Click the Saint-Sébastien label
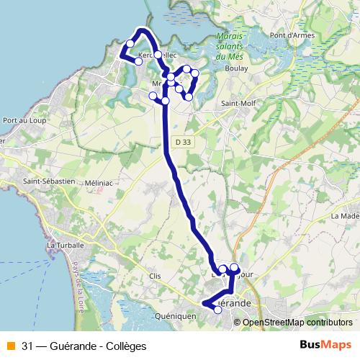point(50,182)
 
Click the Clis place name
point(153,276)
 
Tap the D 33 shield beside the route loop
point(171,77)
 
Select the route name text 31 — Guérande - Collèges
point(84,346)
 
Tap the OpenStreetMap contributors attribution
point(297,323)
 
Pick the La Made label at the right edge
point(346,216)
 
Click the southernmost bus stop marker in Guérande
point(219,310)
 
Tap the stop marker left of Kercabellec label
point(130,44)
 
